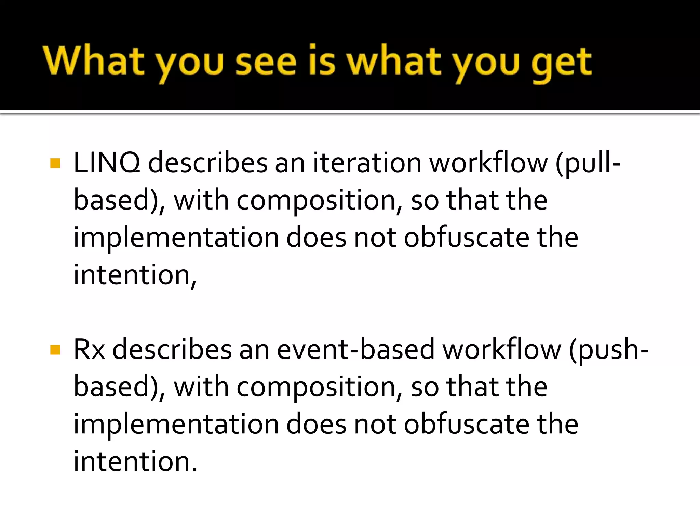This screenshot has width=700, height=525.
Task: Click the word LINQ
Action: (107, 163)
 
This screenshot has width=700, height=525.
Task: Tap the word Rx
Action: (89, 349)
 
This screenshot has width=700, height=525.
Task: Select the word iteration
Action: (367, 163)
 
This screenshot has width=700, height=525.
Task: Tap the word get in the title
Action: (561, 63)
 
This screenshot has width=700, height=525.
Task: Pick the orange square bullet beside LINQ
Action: (55, 163)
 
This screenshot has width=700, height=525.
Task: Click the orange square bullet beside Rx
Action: (55, 350)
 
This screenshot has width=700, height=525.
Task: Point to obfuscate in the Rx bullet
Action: (467, 424)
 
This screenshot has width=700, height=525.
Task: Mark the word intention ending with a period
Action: (135, 461)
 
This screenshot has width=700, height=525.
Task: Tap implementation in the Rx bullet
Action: (176, 424)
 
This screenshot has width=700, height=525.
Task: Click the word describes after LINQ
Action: (208, 163)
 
